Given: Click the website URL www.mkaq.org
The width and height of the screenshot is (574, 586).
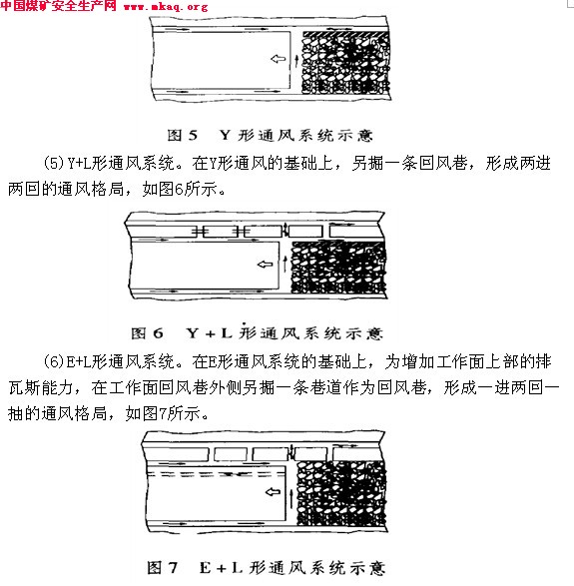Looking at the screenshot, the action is click(x=166, y=7).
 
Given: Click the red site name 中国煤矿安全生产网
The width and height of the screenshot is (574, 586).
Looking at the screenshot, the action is click(x=58, y=6).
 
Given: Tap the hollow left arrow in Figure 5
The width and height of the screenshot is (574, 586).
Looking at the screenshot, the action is click(x=279, y=59).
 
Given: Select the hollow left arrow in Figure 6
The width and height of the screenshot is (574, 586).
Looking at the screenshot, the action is click(x=265, y=265).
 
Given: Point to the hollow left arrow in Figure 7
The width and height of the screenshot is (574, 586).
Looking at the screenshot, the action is click(x=273, y=491).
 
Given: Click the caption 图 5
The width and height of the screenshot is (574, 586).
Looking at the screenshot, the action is click(x=183, y=135).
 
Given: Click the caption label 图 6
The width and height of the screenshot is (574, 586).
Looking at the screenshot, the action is click(x=147, y=333).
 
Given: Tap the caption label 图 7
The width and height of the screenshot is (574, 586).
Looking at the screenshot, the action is click(x=162, y=567).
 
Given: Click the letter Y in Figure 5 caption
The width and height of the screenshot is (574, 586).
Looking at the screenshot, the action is click(x=225, y=135).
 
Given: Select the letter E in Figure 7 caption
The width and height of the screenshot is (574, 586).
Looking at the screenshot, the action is click(x=206, y=568).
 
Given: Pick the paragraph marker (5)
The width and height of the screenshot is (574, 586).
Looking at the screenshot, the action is click(x=55, y=164).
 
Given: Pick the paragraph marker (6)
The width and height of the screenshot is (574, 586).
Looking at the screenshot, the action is click(x=55, y=361).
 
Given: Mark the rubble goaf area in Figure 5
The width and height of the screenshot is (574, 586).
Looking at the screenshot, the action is click(x=345, y=63).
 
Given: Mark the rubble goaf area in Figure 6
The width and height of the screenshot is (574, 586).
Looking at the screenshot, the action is click(x=338, y=267).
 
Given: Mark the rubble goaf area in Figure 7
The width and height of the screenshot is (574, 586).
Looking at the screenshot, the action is click(x=341, y=493).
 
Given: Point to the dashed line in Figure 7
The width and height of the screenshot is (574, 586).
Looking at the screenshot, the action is click(x=217, y=474).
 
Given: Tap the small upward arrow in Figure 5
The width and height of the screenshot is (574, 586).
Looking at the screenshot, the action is click(x=296, y=61).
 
